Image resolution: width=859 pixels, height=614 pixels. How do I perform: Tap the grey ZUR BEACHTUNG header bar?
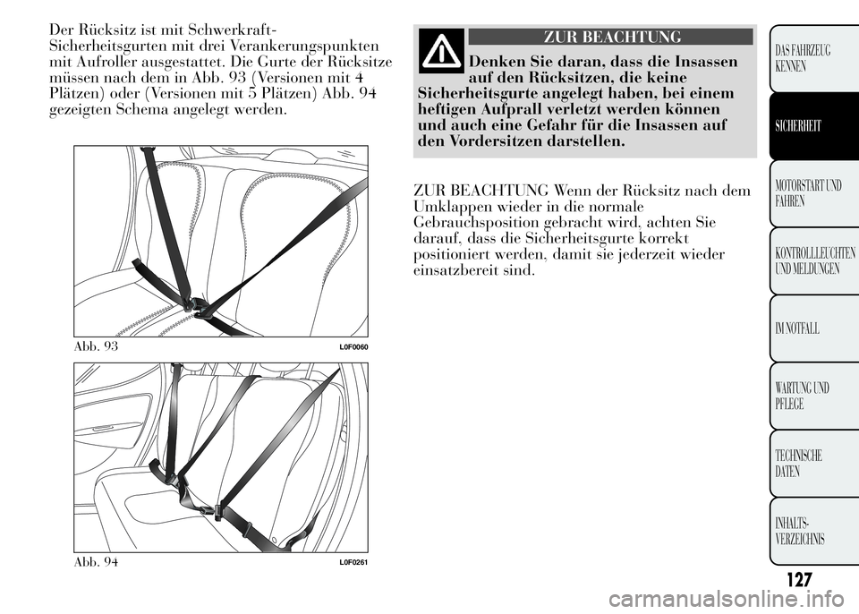610,37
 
